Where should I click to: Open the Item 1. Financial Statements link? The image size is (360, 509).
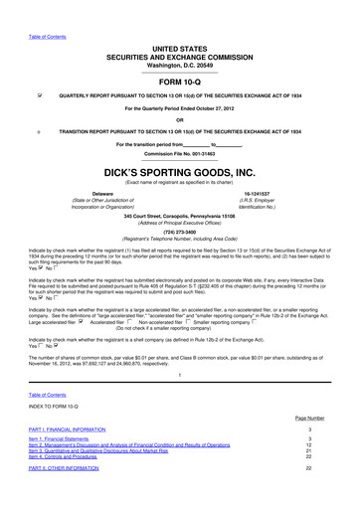click(65, 465)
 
